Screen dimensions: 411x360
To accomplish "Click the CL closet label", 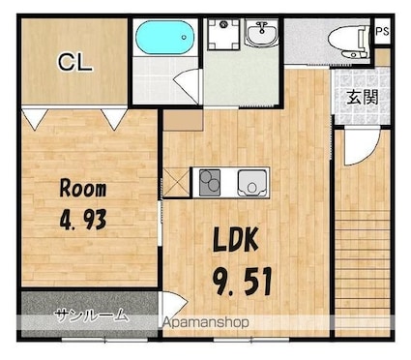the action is (x=75, y=62).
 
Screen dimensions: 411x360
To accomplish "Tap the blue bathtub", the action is (x=164, y=38).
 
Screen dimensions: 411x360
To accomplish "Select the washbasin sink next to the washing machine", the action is (x=261, y=32).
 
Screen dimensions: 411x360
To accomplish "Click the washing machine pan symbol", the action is (x=223, y=34).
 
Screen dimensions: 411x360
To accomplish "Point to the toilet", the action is (x=349, y=42).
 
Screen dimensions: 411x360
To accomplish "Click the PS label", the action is (x=383, y=31).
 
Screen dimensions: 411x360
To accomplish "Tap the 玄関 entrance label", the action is (x=363, y=97).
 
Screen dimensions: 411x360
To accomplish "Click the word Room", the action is (x=83, y=189).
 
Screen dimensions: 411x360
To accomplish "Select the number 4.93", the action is (x=83, y=220).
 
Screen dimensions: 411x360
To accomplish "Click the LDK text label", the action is (x=236, y=240).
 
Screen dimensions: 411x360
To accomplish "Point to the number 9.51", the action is (x=243, y=283).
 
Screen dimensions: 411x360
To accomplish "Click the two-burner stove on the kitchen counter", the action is (x=210, y=183).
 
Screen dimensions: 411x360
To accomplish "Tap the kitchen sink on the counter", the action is (x=252, y=183).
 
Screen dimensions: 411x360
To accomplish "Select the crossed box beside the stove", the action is (x=177, y=182).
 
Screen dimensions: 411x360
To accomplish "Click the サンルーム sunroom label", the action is (x=91, y=315).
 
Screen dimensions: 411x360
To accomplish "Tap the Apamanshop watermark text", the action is (x=205, y=322).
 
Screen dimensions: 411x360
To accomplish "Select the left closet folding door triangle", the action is (x=34, y=119).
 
